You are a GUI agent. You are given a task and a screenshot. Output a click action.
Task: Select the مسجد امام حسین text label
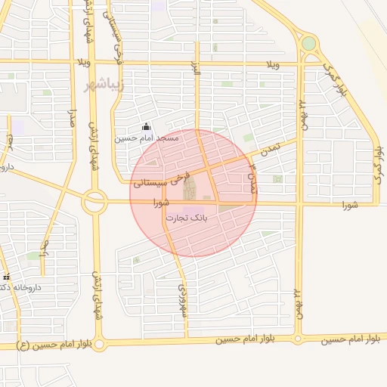tap(147, 138)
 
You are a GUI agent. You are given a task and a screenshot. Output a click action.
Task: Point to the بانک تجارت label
tap(185, 218)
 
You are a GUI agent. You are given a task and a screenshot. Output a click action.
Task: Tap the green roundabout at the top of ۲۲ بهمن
tap(308, 44)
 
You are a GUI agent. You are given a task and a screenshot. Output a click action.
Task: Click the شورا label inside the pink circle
tap(159, 203)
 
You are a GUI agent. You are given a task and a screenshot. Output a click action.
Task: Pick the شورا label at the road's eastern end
tap(348, 204)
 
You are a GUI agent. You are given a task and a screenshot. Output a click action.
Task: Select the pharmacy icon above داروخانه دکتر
tap(6, 277)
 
